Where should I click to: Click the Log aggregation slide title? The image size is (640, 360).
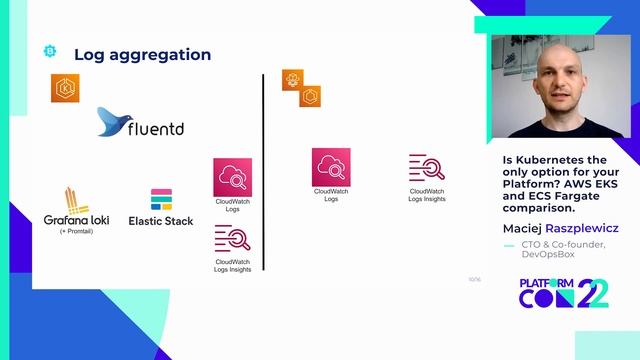142,54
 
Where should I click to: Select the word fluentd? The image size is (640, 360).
155,129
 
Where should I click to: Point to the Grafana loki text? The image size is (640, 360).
76,219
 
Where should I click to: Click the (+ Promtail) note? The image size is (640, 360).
76,231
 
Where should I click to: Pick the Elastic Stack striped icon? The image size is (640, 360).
161,199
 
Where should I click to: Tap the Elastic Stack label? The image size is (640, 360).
161,220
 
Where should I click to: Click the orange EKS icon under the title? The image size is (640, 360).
65,88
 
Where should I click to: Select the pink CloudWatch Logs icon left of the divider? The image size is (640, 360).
232,177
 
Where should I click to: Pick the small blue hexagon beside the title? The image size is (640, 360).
50,51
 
